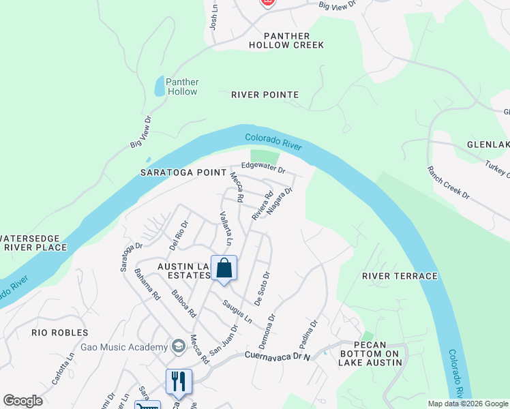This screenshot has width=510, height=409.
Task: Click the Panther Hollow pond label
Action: (182, 86)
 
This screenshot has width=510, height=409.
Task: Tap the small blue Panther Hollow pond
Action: (159, 86)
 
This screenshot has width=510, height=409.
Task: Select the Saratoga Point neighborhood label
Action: (183, 173)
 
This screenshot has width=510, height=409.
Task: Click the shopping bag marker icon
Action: (224, 269)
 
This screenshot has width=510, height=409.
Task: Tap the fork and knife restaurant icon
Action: (179, 382)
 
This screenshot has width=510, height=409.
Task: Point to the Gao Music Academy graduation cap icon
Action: (179, 347)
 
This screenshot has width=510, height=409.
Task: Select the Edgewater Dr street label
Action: (262, 167)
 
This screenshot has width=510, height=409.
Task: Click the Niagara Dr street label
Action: (280, 201)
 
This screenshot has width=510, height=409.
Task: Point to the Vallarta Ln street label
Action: (226, 228)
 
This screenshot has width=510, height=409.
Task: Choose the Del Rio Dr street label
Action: (179, 233)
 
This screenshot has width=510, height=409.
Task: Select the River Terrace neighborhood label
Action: (400, 276)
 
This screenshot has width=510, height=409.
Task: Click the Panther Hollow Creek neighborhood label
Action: (286, 40)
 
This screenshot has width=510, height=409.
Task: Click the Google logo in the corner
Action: (22, 401)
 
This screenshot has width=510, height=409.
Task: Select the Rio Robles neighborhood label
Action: (60, 333)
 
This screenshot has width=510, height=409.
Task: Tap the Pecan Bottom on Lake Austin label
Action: (370, 353)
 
